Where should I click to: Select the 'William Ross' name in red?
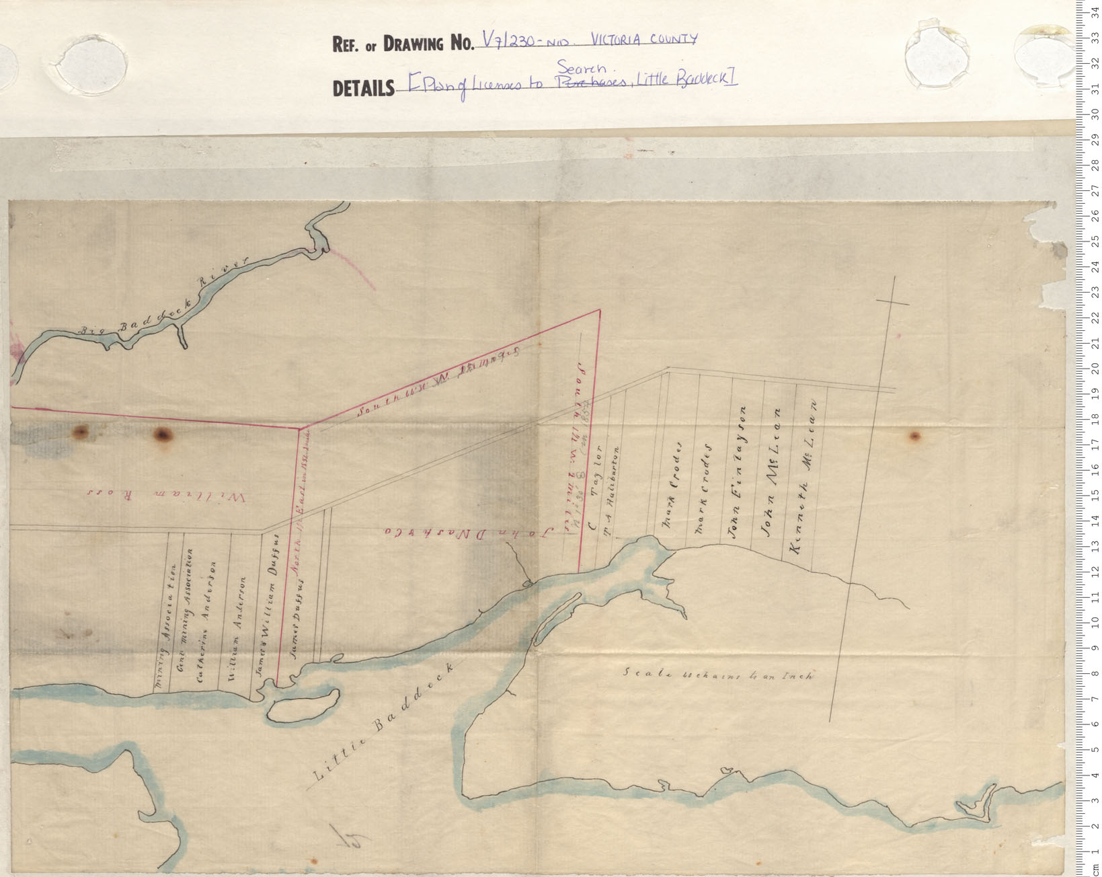click(x=168, y=496)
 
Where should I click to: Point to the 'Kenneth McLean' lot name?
click(x=805, y=478)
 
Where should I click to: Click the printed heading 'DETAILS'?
click(x=363, y=89)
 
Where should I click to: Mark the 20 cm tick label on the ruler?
click(x=1095, y=369)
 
